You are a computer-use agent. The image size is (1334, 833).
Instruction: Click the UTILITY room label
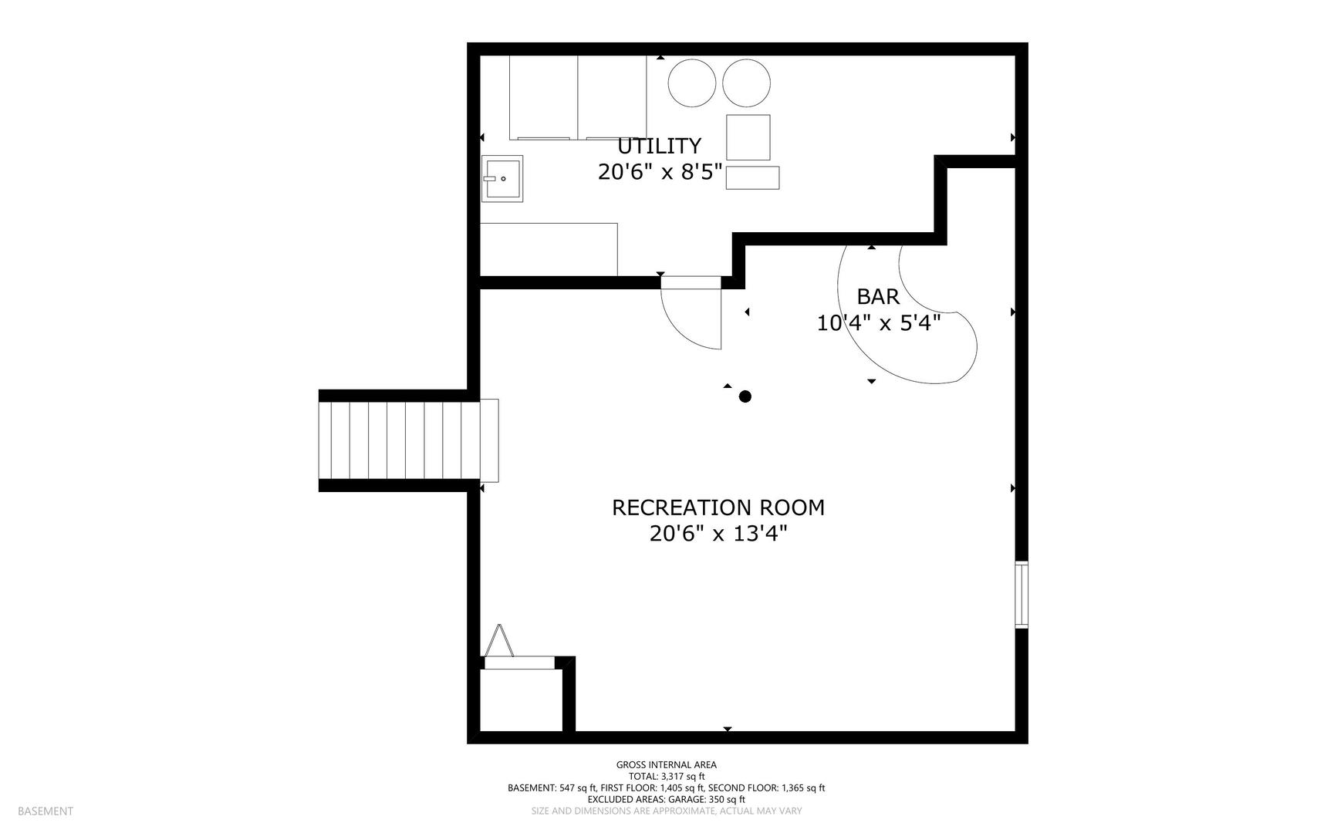(x=659, y=146)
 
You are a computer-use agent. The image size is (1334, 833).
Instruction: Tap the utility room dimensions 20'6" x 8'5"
(x=660, y=172)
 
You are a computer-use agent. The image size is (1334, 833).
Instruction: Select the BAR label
(x=878, y=297)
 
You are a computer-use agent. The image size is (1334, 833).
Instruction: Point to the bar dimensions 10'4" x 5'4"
(x=879, y=323)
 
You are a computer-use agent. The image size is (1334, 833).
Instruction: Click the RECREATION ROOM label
(x=718, y=508)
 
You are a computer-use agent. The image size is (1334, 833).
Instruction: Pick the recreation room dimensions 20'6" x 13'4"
(x=718, y=534)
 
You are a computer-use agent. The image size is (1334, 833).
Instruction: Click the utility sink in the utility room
(x=502, y=179)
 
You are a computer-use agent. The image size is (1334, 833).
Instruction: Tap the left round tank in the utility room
(x=692, y=83)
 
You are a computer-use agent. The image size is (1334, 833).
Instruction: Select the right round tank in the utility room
(x=746, y=83)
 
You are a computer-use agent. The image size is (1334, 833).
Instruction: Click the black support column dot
(x=745, y=396)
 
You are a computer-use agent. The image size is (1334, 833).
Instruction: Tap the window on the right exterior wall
(x=1022, y=594)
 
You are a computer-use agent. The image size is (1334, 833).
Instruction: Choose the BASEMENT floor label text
(x=46, y=811)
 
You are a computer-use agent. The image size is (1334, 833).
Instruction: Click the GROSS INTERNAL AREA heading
(x=667, y=765)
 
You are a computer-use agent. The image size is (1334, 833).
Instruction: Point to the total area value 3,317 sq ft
(x=683, y=777)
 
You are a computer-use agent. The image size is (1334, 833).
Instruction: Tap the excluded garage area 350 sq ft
(x=727, y=800)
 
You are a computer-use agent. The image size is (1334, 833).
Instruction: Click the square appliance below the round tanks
(x=748, y=137)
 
